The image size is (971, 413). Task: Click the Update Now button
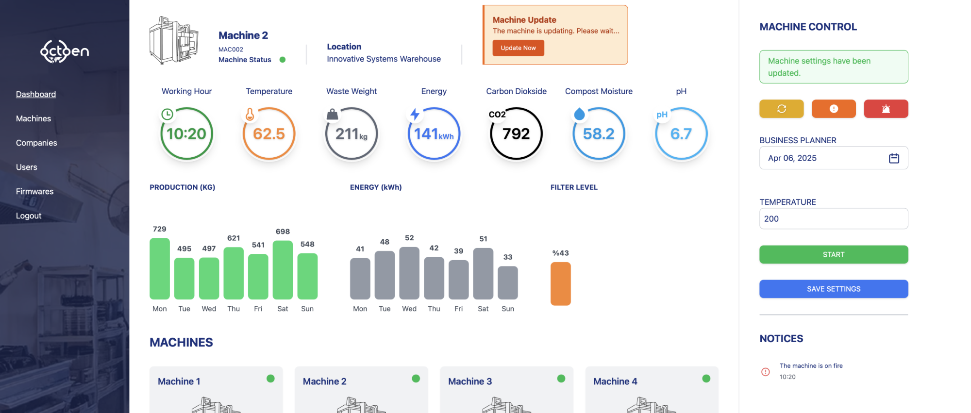(518, 48)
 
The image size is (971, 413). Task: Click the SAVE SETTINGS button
(833, 289)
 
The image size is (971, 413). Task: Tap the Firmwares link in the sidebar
(35, 191)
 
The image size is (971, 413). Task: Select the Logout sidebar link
(29, 215)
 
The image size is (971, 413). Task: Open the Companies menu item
(36, 143)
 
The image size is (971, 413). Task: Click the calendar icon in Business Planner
(894, 158)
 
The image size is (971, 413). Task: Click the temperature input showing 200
(833, 219)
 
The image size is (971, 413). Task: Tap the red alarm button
(886, 109)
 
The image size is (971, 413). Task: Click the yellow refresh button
(781, 109)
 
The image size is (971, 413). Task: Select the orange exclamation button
(834, 109)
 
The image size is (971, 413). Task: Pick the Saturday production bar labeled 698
(283, 270)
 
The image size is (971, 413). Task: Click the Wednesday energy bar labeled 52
(409, 273)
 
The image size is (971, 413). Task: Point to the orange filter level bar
(560, 284)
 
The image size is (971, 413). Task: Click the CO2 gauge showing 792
(516, 134)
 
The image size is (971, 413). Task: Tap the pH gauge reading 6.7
(681, 134)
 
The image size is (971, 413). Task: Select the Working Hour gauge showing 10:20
(186, 134)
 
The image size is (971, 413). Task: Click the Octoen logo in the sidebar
(65, 51)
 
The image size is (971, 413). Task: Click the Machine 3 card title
(470, 381)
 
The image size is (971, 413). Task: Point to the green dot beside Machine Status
(283, 60)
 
